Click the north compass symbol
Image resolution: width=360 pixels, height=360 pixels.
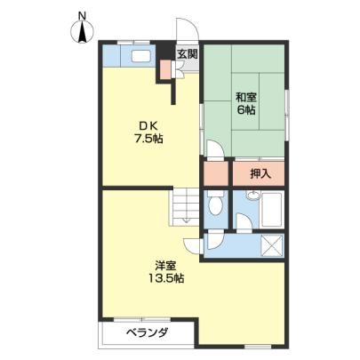click(x=83, y=32)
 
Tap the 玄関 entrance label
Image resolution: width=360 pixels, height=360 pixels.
click(x=188, y=54)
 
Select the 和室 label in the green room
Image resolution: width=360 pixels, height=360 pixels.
click(x=246, y=97)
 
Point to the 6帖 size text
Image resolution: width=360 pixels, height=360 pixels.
click(x=246, y=110)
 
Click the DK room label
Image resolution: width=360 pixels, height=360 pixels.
click(x=148, y=126)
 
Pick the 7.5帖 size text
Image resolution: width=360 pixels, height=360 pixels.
click(x=148, y=139)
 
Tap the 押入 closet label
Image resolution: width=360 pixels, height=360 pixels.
click(x=260, y=174)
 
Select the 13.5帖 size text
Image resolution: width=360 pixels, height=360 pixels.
click(x=166, y=278)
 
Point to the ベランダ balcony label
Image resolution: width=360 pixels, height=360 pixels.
click(x=148, y=332)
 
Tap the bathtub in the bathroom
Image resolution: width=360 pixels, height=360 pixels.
click(x=271, y=210)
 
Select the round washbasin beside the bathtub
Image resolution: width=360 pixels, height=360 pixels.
click(x=253, y=196)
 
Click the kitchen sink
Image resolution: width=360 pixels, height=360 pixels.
click(x=141, y=56)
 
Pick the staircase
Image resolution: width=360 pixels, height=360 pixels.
click(x=184, y=206)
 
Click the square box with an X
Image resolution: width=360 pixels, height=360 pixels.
click(x=271, y=245)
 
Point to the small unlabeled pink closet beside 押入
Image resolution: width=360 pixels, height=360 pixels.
click(x=216, y=174)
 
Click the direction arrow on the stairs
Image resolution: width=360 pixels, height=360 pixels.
click(x=187, y=220)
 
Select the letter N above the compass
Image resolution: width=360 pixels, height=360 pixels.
click(x=82, y=15)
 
